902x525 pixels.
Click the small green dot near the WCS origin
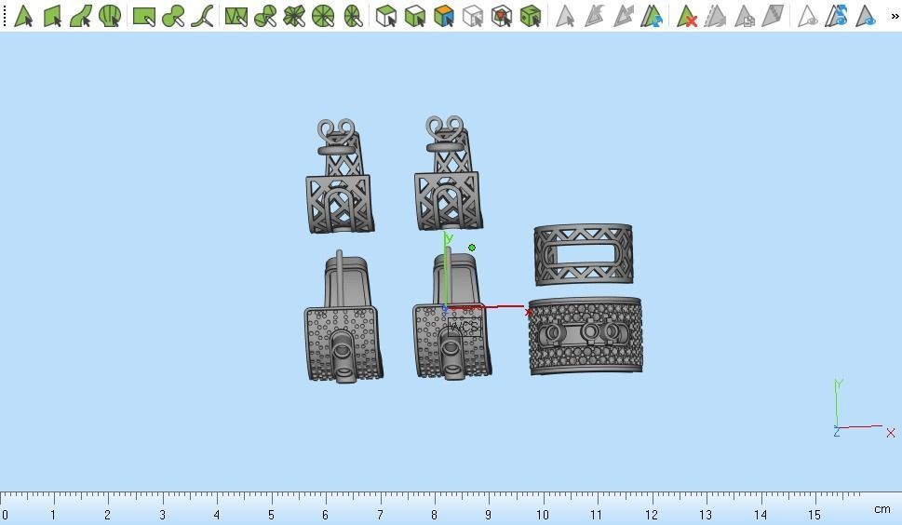[472, 248]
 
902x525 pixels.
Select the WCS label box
[464, 327]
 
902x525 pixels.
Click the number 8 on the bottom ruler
[434, 515]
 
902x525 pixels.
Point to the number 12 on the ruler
[652, 515]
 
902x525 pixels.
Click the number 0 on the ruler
[6, 515]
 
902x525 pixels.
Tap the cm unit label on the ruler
[881, 509]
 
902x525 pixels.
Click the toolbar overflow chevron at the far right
[895, 16]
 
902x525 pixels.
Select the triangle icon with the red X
[687, 16]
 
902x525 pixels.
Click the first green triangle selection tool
[22, 16]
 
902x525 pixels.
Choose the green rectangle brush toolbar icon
[143, 16]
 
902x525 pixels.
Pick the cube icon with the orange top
[444, 16]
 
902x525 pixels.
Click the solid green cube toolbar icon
[531, 16]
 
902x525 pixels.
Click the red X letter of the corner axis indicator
[891, 433]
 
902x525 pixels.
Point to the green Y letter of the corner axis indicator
[839, 384]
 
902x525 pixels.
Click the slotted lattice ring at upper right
[584, 253]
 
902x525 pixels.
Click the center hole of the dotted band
[590, 332]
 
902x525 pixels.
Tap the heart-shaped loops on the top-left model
[336, 130]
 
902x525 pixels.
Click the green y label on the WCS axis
[449, 239]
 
